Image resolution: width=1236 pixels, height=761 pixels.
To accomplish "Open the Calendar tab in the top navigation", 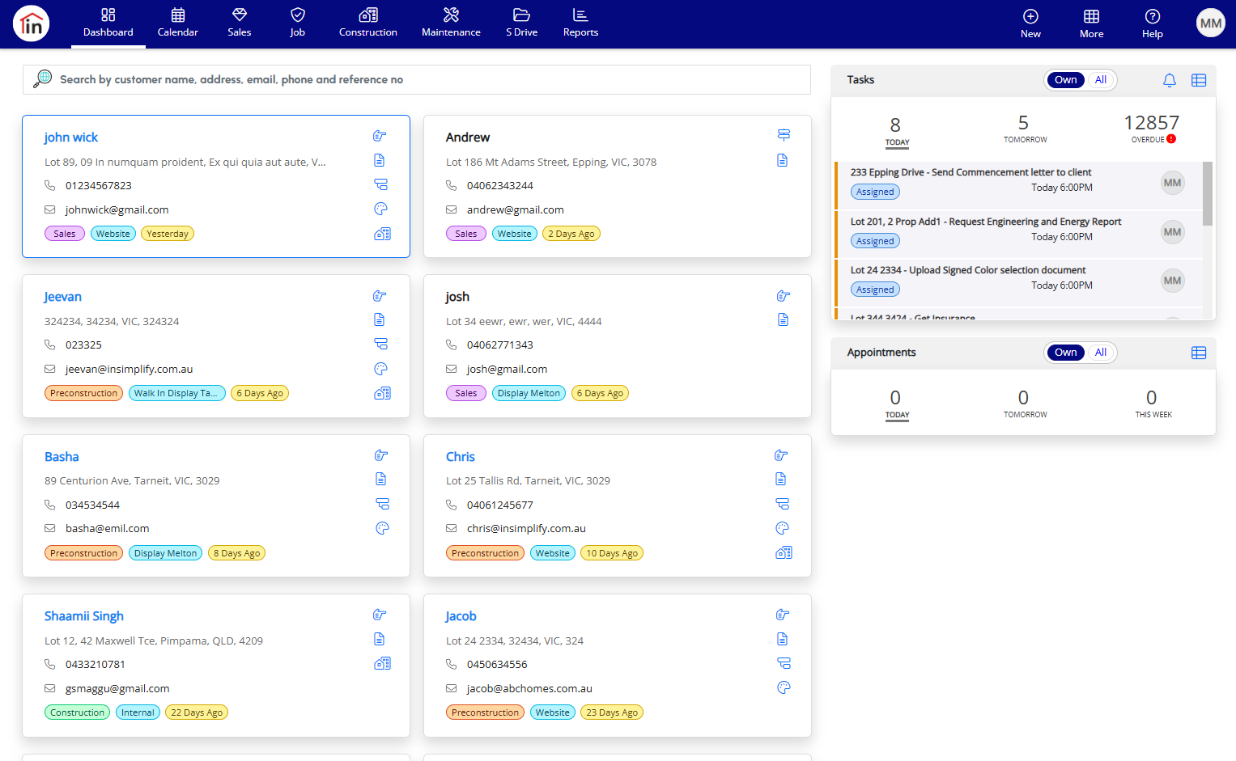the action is click(178, 23).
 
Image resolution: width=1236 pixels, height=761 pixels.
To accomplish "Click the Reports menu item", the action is click(580, 23).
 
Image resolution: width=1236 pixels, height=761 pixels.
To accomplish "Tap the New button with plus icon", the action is click(1030, 24).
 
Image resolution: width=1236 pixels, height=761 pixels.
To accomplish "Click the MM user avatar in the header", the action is click(1211, 23).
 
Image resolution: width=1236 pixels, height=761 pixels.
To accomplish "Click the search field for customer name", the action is click(417, 79).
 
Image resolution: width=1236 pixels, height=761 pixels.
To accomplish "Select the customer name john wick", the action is click(70, 137).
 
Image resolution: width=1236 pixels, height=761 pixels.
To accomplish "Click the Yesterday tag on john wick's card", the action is click(168, 234).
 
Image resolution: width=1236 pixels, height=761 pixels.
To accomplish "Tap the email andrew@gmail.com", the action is click(516, 209).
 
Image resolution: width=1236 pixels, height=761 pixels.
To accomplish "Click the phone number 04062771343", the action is click(500, 345).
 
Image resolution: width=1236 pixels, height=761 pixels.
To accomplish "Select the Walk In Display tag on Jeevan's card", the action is click(176, 393).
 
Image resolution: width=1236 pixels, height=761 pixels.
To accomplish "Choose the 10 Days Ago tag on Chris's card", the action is click(611, 553).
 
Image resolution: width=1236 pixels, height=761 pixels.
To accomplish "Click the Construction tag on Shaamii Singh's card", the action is click(77, 712).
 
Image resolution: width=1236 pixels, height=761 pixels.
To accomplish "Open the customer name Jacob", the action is click(461, 616).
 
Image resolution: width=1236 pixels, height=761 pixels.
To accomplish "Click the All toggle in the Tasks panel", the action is click(1100, 80).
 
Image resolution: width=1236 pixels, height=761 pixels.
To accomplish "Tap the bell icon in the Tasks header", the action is click(1170, 80).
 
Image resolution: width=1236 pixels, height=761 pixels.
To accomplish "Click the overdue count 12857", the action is click(1152, 122).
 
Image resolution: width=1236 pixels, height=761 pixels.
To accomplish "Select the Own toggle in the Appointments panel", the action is click(1065, 353).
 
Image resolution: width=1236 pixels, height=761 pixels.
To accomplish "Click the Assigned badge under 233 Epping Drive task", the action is click(875, 192).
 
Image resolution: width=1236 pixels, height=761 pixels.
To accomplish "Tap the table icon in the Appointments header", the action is click(1199, 353).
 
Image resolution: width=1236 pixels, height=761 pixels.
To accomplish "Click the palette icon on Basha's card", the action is click(382, 528).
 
